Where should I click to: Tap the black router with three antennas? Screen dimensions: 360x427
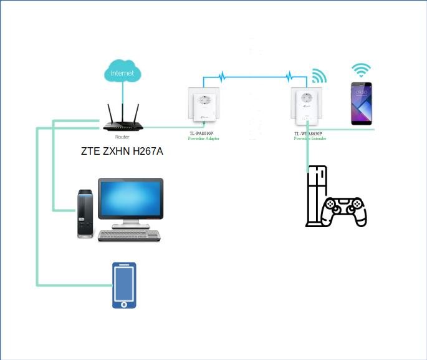point(123,125)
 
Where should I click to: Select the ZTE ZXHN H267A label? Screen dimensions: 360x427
point(122,151)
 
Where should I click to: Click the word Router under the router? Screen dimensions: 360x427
point(122,136)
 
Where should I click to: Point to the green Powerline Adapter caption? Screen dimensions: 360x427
point(203,139)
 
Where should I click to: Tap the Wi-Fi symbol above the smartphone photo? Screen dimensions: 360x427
point(360,69)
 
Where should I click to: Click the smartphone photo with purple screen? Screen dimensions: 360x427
point(361,104)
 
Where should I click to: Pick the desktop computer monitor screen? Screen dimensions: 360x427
point(130,199)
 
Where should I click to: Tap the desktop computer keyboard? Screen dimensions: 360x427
point(129,235)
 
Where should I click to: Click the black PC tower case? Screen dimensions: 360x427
point(85,215)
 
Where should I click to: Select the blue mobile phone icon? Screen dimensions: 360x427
point(124,285)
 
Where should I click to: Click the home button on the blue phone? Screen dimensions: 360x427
point(124,304)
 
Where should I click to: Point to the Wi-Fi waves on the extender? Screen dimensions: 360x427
point(319,76)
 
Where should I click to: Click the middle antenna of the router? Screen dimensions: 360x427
point(123,112)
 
